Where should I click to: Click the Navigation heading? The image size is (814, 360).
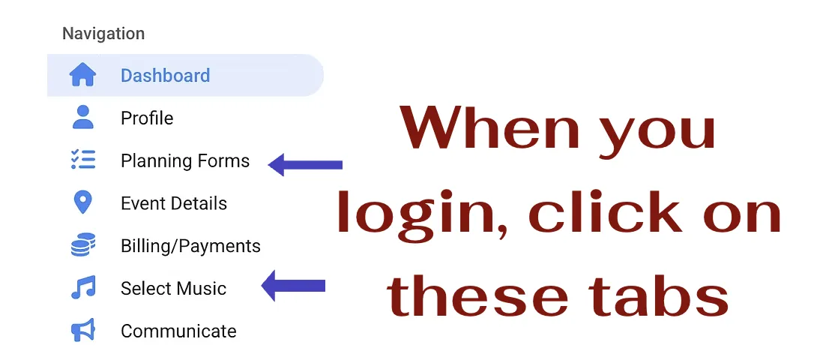[x=103, y=34]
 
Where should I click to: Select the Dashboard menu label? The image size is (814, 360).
[x=165, y=76]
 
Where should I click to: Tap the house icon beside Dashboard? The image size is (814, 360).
[x=82, y=75]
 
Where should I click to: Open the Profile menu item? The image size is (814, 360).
[x=147, y=118]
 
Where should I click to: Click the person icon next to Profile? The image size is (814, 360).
[x=82, y=118]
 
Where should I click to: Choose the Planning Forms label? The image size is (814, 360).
[x=185, y=161]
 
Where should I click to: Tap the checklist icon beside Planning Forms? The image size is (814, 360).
[x=82, y=160]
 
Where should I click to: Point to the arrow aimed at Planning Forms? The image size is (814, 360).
[x=305, y=164]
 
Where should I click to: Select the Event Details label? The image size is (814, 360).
[x=174, y=204]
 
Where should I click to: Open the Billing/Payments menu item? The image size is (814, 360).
[x=190, y=246]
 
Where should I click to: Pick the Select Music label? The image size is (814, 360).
[x=173, y=289]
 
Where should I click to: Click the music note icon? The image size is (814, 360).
[x=82, y=288]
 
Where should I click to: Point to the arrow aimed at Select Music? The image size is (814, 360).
[x=293, y=285]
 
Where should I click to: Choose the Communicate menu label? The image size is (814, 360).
[x=178, y=331]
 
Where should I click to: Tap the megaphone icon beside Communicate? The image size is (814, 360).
[x=82, y=331]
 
